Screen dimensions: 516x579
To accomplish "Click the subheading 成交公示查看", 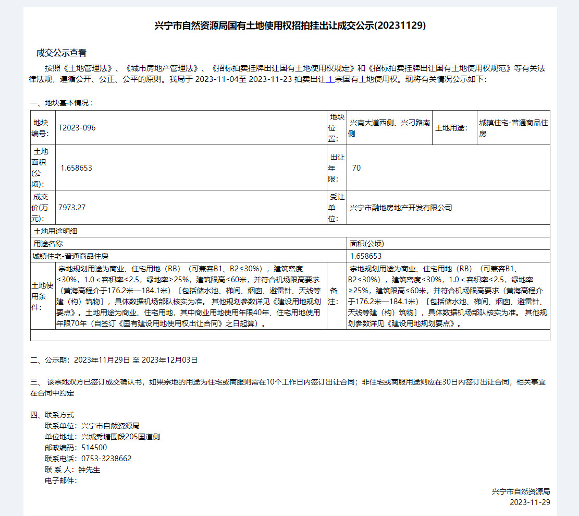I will [x=61, y=53].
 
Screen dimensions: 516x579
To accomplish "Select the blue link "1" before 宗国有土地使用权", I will [x=330, y=80].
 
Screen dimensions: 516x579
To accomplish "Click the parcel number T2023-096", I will [x=77, y=128].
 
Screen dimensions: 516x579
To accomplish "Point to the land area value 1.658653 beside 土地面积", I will [x=77, y=167].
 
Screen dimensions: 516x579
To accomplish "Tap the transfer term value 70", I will [x=356, y=167].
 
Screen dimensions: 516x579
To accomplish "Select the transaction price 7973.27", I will [x=72, y=207].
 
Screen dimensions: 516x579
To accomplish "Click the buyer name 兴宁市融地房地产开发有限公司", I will [x=401, y=208].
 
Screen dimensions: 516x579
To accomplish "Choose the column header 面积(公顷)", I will [x=367, y=243].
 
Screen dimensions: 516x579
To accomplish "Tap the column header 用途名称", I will [x=48, y=243].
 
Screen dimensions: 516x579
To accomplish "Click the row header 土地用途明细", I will [x=55, y=231].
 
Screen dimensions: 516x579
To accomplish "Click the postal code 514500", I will [x=94, y=448].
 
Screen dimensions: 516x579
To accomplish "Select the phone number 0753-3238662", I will [x=106, y=459].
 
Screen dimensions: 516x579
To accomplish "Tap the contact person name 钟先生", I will [x=89, y=470].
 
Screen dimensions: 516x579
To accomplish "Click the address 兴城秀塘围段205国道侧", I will [x=120, y=437].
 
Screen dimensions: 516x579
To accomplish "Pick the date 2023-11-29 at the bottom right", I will [x=529, y=502].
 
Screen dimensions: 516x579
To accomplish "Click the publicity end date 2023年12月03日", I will [x=169, y=360].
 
